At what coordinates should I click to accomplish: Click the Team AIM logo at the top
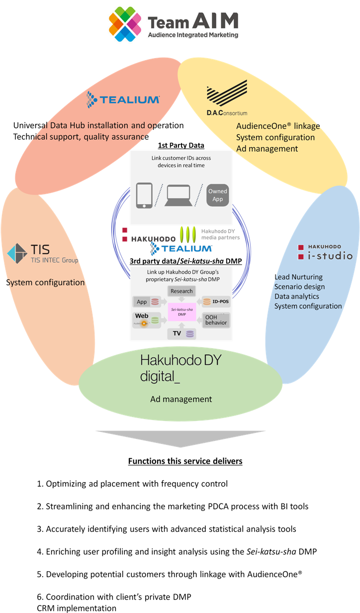tap(174, 23)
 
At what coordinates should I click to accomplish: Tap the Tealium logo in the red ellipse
tap(123, 99)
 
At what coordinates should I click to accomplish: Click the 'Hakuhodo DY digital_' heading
tap(180, 368)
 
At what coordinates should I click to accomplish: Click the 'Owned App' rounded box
tap(217, 195)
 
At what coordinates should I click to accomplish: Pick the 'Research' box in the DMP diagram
tap(181, 291)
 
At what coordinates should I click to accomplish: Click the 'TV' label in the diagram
tap(177, 333)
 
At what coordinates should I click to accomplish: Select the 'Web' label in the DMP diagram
tap(142, 316)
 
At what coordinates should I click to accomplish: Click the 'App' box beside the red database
tap(142, 302)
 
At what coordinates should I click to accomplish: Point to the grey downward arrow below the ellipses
tap(180, 438)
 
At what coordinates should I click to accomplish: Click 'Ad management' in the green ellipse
tap(181, 399)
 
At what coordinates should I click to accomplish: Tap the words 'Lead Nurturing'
tap(299, 277)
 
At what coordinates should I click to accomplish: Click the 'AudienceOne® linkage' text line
tap(278, 126)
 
